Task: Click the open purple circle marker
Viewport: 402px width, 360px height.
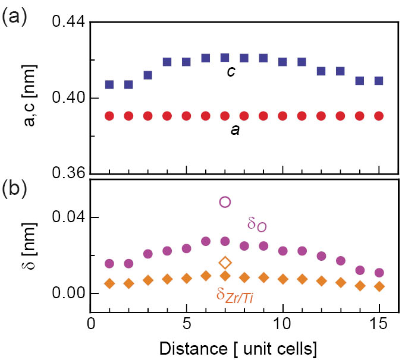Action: (225, 202)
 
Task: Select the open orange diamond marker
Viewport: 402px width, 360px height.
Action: (225, 262)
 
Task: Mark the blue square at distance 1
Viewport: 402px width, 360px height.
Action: (109, 84)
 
